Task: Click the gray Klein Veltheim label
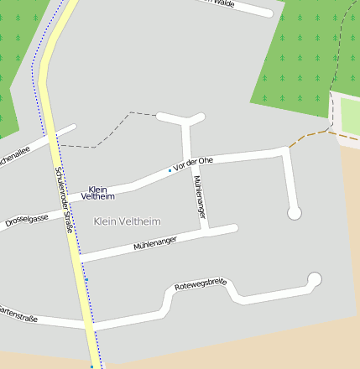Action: click(x=128, y=221)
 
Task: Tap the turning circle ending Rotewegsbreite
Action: click(x=315, y=279)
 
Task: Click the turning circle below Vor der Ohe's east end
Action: click(x=294, y=214)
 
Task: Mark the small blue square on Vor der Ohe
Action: click(x=170, y=171)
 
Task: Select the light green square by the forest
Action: click(x=350, y=117)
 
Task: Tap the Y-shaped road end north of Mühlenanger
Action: click(x=181, y=118)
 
